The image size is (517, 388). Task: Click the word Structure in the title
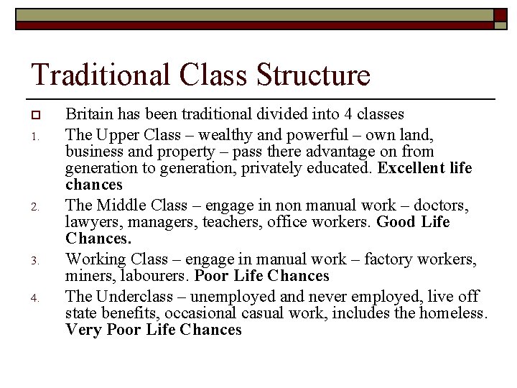(x=312, y=75)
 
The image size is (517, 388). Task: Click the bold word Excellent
(x=411, y=168)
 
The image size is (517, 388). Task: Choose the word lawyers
(x=90, y=223)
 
